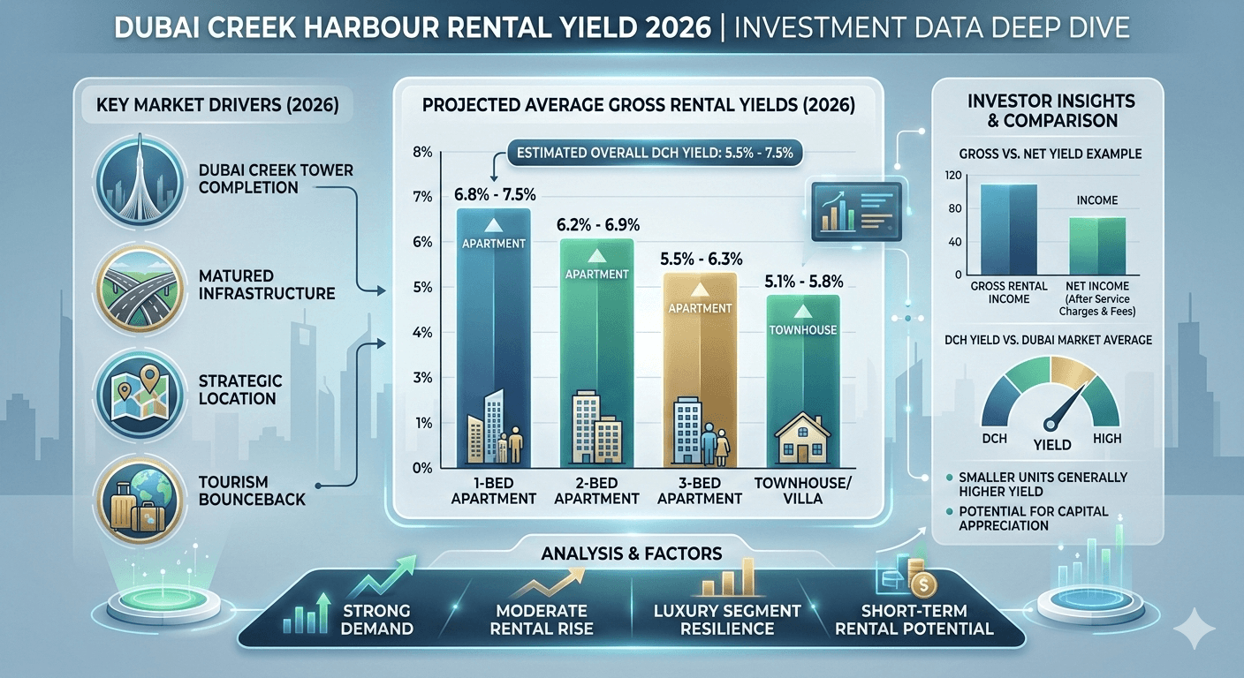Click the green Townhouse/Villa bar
coord(803,380)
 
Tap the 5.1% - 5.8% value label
coord(803,282)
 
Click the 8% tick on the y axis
coord(421,152)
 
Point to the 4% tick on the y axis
coord(421,333)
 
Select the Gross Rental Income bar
coord(1009,230)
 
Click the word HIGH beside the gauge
coord(1107,439)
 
